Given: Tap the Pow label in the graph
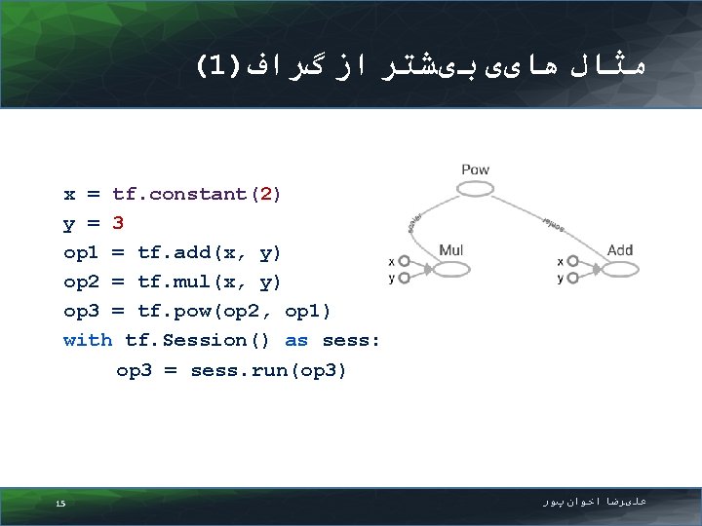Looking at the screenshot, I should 475,169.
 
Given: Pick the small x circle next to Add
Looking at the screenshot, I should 573,261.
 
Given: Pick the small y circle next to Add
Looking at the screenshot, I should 573,278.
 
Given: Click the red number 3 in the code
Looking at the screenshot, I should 118,223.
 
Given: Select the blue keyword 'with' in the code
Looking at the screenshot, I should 88,340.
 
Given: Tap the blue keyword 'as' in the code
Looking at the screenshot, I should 296,340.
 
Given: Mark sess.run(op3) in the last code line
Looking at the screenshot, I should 268,370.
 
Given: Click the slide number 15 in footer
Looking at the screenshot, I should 60,504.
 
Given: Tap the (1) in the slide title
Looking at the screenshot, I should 218,65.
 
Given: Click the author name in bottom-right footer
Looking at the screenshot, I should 595,502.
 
